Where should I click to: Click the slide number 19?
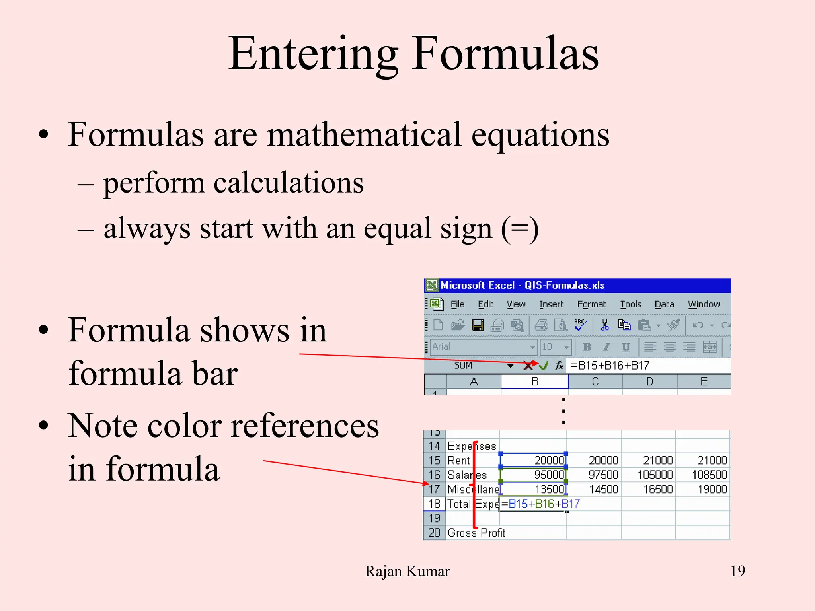click(737, 571)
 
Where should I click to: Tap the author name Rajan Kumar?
click(407, 571)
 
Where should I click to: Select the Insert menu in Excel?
click(551, 304)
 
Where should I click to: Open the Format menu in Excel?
click(591, 304)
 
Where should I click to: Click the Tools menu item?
click(630, 304)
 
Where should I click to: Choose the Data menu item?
click(664, 304)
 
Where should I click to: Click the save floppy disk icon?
click(478, 325)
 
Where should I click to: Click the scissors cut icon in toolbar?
click(604, 325)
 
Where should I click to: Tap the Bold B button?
click(587, 347)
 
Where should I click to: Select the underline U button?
click(626, 347)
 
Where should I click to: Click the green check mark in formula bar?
click(544, 365)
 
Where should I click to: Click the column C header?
click(595, 381)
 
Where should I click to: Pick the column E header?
click(704, 381)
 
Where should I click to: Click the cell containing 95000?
click(533, 475)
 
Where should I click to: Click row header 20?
click(434, 533)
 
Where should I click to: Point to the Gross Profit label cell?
click(476, 533)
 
